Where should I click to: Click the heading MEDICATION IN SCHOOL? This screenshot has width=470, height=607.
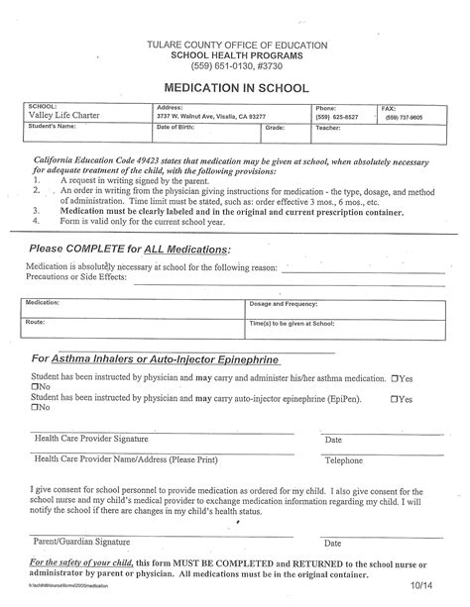[x=234, y=87]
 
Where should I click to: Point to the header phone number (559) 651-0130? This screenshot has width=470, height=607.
[x=210, y=67]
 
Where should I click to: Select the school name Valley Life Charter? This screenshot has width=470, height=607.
[x=61, y=116]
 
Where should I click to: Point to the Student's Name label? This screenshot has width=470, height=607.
[x=53, y=127]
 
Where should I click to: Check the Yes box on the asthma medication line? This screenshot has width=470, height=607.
[x=397, y=378]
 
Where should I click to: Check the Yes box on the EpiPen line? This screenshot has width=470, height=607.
[x=397, y=398]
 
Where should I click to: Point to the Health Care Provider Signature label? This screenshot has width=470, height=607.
[x=90, y=439]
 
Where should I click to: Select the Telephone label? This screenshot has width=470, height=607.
[x=343, y=460]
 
